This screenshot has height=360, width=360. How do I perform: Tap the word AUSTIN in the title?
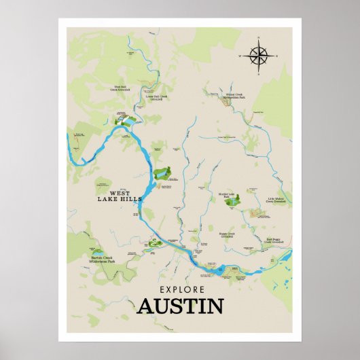pyautogui.click(x=180, y=306)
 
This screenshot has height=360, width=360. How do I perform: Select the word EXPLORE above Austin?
pyautogui.click(x=180, y=288)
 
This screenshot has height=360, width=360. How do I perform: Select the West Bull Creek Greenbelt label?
pyautogui.click(x=122, y=88)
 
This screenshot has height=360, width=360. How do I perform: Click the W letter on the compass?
pyautogui.click(x=240, y=56)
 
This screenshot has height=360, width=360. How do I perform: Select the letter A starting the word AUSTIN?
pyautogui.click(x=145, y=306)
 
